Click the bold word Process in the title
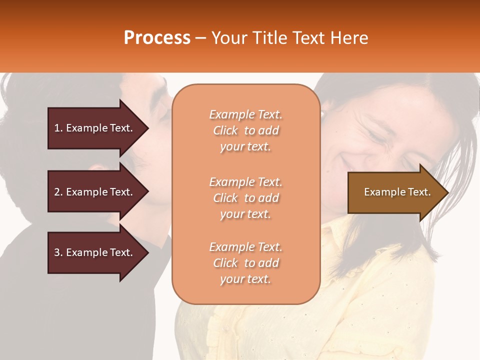pos(157,38)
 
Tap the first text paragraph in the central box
pos(245,130)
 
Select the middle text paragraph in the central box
pos(245,198)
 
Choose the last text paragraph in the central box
pos(245,263)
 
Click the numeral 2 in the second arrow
pos(56,192)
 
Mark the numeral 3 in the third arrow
pos(56,252)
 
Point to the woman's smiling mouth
pos(350,162)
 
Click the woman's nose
pos(372,142)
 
